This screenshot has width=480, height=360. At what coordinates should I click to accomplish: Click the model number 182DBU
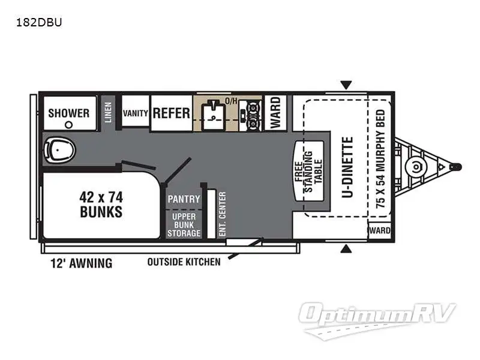click(x=39, y=22)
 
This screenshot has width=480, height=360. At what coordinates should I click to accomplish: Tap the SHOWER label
click(x=69, y=113)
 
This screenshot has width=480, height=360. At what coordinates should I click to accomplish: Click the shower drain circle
click(x=69, y=125)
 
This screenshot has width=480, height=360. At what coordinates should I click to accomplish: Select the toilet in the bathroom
click(x=59, y=150)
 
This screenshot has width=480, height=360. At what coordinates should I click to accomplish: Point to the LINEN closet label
click(x=108, y=113)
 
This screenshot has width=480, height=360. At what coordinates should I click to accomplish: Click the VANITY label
click(x=136, y=113)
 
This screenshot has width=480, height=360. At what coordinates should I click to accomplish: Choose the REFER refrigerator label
click(x=172, y=113)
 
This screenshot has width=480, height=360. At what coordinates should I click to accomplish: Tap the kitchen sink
click(x=214, y=115)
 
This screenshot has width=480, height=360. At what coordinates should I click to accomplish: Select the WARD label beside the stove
click(x=275, y=113)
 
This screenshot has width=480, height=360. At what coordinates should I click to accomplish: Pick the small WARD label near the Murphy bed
click(x=380, y=230)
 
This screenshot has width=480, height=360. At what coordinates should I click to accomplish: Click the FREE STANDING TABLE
click(x=308, y=171)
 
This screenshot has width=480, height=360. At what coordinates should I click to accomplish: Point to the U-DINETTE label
click(x=347, y=167)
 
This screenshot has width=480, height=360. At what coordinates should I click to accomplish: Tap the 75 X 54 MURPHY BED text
click(x=380, y=159)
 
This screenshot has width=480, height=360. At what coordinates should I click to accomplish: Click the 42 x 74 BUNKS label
click(x=101, y=205)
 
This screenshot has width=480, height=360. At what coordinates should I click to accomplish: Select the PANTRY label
click(x=184, y=199)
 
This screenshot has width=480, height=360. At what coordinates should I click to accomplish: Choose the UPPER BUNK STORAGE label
click(x=184, y=225)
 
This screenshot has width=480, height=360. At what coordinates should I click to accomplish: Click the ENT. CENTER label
click(x=222, y=214)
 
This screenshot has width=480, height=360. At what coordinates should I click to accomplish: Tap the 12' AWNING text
click(x=82, y=263)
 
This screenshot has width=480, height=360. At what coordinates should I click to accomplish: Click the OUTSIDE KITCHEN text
click(x=184, y=262)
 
